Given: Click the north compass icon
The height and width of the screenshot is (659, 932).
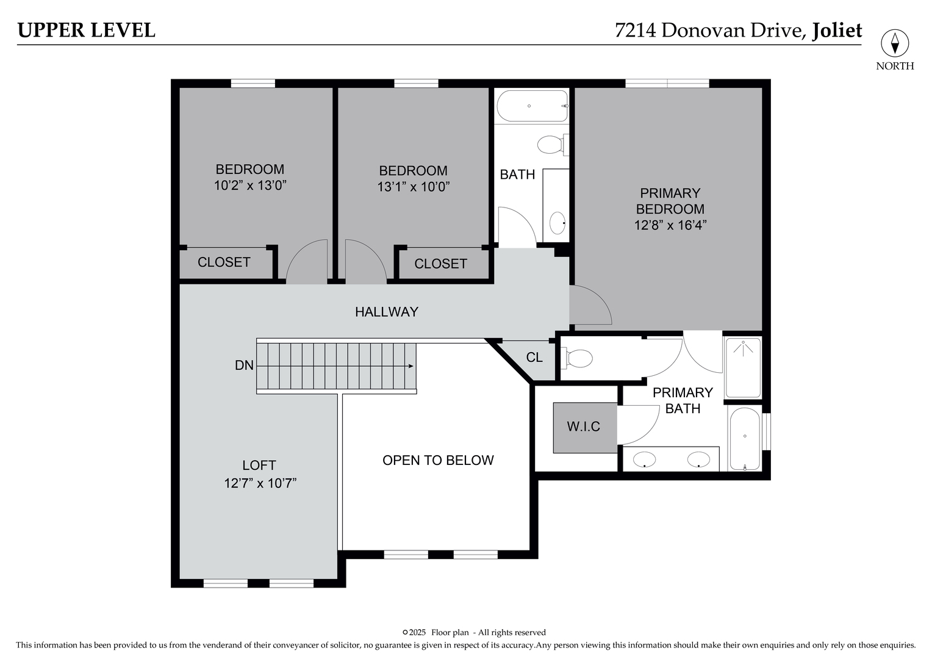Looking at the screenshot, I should pos(895,43).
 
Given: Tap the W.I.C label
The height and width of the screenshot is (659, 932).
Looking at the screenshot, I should pos(584,427).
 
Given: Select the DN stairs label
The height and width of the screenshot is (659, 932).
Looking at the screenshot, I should pos(244,366).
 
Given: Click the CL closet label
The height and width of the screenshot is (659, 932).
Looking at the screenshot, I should pos(534,358).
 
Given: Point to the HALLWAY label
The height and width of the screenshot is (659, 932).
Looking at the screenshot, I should pos(387,312).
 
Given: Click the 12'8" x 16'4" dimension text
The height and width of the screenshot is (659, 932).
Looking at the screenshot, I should pos(670,225).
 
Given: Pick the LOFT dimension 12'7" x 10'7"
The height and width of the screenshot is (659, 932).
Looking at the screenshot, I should pos(260,483).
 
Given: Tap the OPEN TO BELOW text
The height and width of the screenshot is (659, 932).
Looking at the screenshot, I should pos(438,460).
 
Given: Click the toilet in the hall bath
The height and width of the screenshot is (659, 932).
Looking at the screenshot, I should pos(550,145).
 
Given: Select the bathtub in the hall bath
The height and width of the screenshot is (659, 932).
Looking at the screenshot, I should pos(532,106).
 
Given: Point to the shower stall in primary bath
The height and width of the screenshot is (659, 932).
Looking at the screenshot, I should pos(743,367).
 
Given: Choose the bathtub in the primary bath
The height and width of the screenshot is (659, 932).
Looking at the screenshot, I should pos(745,439).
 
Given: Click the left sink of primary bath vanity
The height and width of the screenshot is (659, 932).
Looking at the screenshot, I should pos(645,459).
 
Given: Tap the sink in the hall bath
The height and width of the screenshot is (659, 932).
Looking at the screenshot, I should pos(557,223).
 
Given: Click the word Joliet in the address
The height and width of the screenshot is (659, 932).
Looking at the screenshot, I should pos(837,30).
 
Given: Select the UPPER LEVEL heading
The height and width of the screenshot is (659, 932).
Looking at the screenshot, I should pos(86,30).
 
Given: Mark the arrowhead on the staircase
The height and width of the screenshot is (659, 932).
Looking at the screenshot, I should pos(411,366).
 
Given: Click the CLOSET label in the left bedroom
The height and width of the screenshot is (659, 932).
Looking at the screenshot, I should pos(224,262).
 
